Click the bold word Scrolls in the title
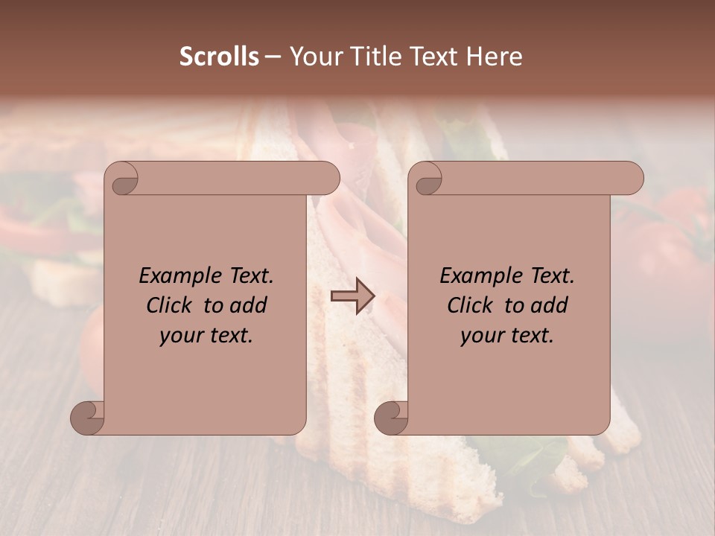[220, 57]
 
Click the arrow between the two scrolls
[352, 296]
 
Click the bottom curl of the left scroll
[87, 418]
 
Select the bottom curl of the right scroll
[391, 418]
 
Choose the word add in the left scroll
[249, 305]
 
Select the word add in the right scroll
[550, 305]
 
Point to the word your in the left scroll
[181, 336]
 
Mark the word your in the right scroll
[482, 336]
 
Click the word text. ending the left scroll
[230, 336]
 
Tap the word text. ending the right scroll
[531, 336]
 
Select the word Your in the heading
[313, 57]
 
